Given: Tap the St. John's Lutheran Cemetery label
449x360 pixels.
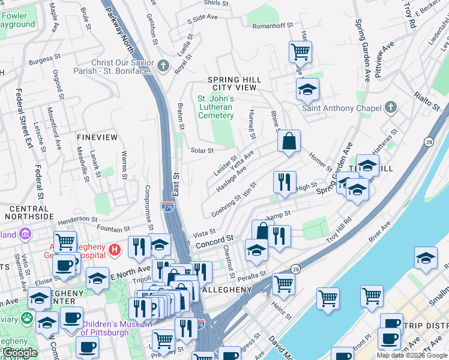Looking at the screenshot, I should coord(215,107).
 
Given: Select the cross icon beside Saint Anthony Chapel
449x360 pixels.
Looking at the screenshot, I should coord(391,108).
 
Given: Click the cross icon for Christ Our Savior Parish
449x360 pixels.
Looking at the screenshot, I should coord(164,64).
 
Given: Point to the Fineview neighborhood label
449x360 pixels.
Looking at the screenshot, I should coord(97,137).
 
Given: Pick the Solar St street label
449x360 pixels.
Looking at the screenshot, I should coord(202,151).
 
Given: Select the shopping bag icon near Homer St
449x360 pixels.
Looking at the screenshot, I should coord(289,142).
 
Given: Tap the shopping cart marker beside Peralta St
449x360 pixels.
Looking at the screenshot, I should coord(283,283).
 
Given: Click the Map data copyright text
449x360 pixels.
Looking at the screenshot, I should coord(411,355).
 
